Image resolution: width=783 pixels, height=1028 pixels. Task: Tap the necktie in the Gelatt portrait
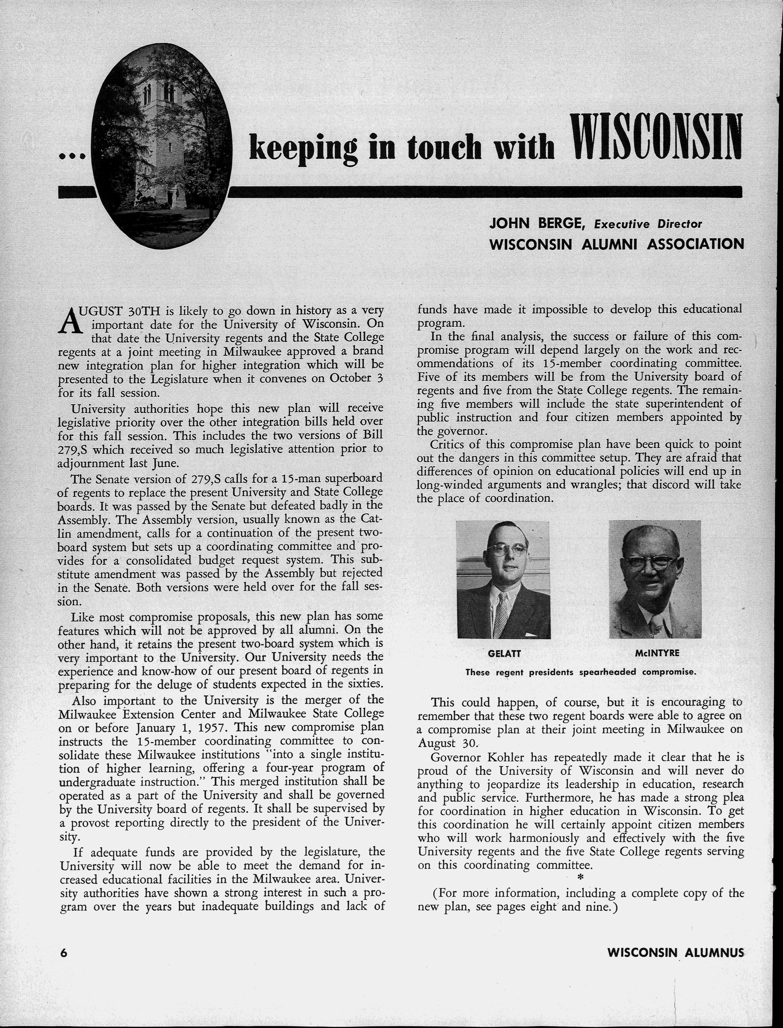(502, 610)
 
